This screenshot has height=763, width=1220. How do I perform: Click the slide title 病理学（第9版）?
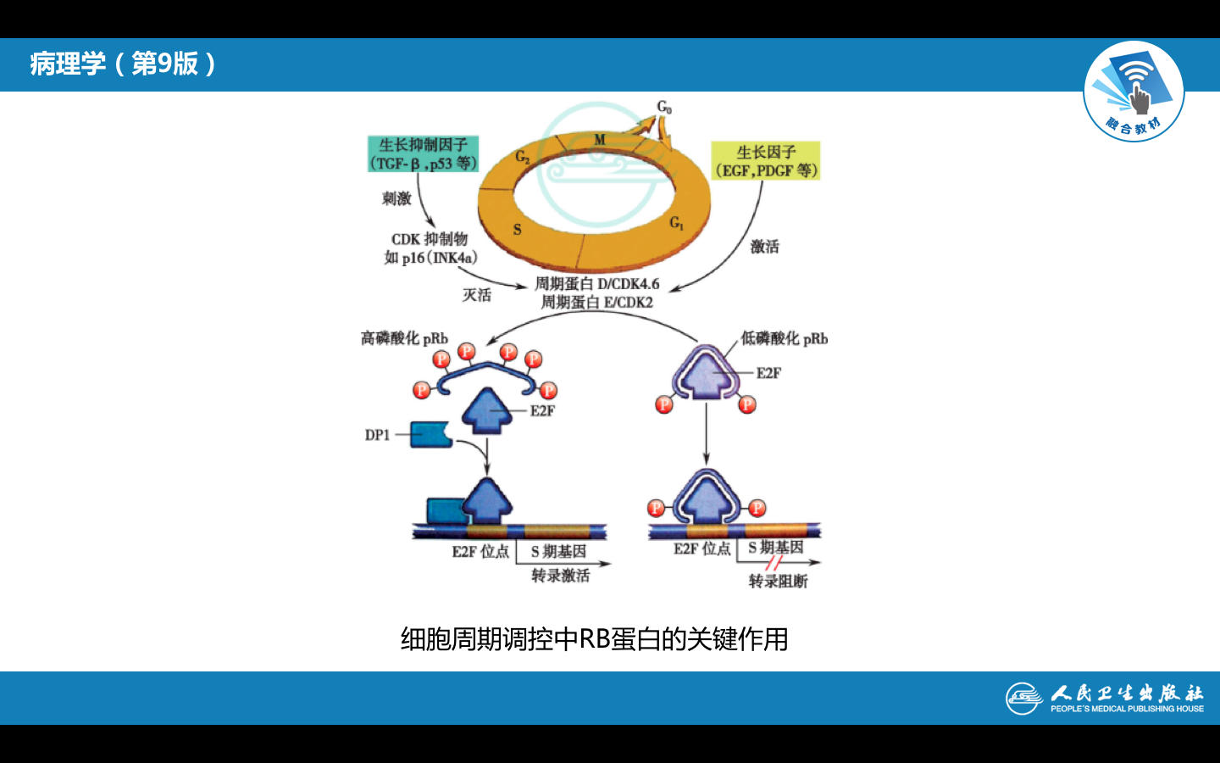tap(124, 64)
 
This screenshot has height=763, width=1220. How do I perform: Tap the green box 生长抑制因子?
tap(424, 154)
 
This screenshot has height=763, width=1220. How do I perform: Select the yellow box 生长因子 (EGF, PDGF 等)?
tap(766, 161)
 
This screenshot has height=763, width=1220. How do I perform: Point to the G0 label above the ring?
tap(664, 107)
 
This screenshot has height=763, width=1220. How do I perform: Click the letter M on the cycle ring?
tap(600, 140)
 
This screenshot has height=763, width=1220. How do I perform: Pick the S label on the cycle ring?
tap(518, 229)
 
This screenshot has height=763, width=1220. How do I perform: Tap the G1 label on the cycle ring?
tap(676, 223)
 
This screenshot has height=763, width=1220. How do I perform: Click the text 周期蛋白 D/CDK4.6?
tap(596, 284)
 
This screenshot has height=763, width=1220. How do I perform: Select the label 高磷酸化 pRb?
tap(404, 338)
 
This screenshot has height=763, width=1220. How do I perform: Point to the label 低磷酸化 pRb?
tap(784, 338)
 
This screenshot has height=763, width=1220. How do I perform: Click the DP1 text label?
tap(377, 435)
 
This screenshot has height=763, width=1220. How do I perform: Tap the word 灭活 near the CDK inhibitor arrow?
tap(476, 295)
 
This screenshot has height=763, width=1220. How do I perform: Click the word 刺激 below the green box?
tap(396, 198)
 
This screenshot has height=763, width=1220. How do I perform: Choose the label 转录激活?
tap(560, 576)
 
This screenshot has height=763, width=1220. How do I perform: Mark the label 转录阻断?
tap(778, 581)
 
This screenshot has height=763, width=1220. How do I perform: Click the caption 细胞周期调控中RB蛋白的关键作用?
tap(594, 639)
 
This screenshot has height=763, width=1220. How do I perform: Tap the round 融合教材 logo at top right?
tap(1134, 92)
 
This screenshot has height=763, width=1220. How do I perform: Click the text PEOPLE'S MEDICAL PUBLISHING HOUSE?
tap(1127, 709)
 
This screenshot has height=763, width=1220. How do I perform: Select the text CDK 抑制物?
tap(430, 239)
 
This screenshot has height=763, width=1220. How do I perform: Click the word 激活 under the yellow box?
tap(764, 247)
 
